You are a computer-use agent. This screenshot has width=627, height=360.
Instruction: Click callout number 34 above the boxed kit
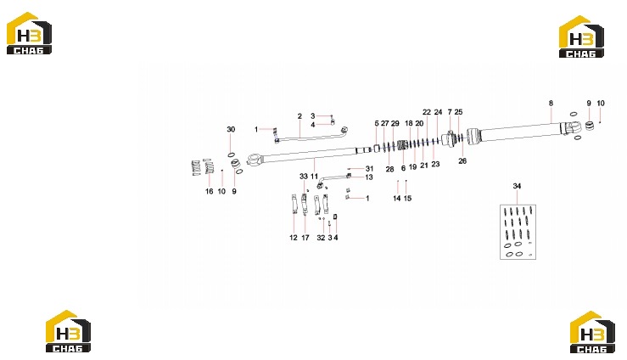517,186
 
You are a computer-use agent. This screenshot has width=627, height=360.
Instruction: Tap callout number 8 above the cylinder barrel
551,104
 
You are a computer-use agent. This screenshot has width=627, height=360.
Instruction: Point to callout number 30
231,129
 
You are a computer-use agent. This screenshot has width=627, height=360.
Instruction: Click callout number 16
209,191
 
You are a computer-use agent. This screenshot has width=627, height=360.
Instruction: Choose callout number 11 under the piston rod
314,177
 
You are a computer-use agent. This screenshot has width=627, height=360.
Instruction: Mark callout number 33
304,177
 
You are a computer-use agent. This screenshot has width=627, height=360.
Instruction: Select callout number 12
293,238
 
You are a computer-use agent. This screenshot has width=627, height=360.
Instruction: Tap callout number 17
305,238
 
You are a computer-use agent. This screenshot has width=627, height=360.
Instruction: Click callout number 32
321,238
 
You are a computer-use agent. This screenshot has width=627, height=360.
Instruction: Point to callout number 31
369,169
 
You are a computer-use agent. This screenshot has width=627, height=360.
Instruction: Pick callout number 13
369,177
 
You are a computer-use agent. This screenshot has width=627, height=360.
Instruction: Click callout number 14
397,198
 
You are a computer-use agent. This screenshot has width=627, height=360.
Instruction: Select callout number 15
407,198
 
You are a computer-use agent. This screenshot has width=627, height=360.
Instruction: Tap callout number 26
462,160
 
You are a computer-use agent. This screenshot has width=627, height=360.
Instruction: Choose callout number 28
390,169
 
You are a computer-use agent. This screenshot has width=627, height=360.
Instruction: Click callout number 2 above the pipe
300,116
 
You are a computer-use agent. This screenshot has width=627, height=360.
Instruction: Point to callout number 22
427,112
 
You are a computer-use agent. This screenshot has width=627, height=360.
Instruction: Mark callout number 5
376,123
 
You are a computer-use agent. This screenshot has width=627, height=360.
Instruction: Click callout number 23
435,164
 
